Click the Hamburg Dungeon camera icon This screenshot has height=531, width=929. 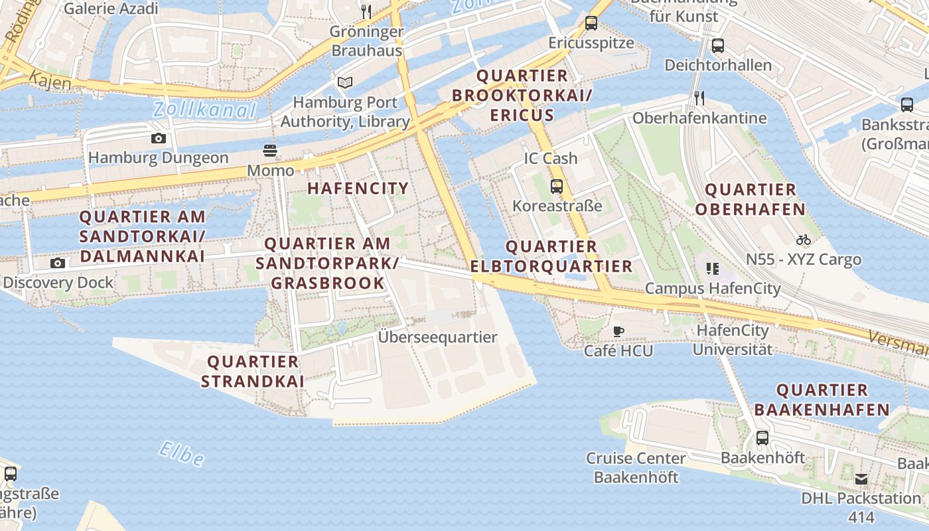pyautogui.click(x=158, y=138)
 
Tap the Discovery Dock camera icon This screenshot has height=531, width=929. pyautogui.click(x=58, y=263)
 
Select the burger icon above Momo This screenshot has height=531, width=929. pyautogui.click(x=270, y=150)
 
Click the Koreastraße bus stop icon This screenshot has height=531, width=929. pyautogui.click(x=557, y=187)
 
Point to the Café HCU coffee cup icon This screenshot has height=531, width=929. pyautogui.click(x=618, y=331)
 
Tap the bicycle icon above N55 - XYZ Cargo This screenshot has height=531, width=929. pyautogui.click(x=804, y=239)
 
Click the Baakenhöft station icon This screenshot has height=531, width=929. pyautogui.click(x=762, y=438)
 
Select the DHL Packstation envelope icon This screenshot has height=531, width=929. pyautogui.click(x=861, y=479)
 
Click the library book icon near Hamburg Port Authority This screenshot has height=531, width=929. pyautogui.click(x=345, y=82)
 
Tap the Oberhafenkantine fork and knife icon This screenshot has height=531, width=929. pyautogui.click(x=699, y=98)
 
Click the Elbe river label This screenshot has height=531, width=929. pyautogui.click(x=181, y=453)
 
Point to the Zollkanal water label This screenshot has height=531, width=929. pyautogui.click(x=204, y=110)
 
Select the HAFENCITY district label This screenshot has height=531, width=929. pyautogui.click(x=358, y=188)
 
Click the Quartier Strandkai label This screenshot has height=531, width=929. pyautogui.click(x=253, y=371)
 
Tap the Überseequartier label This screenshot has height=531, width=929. pyautogui.click(x=437, y=337)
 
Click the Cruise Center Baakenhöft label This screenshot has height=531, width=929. pyautogui.click(x=636, y=467)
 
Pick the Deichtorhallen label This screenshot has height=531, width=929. pyautogui.click(x=718, y=65)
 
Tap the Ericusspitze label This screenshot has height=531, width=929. pyautogui.click(x=591, y=42)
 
